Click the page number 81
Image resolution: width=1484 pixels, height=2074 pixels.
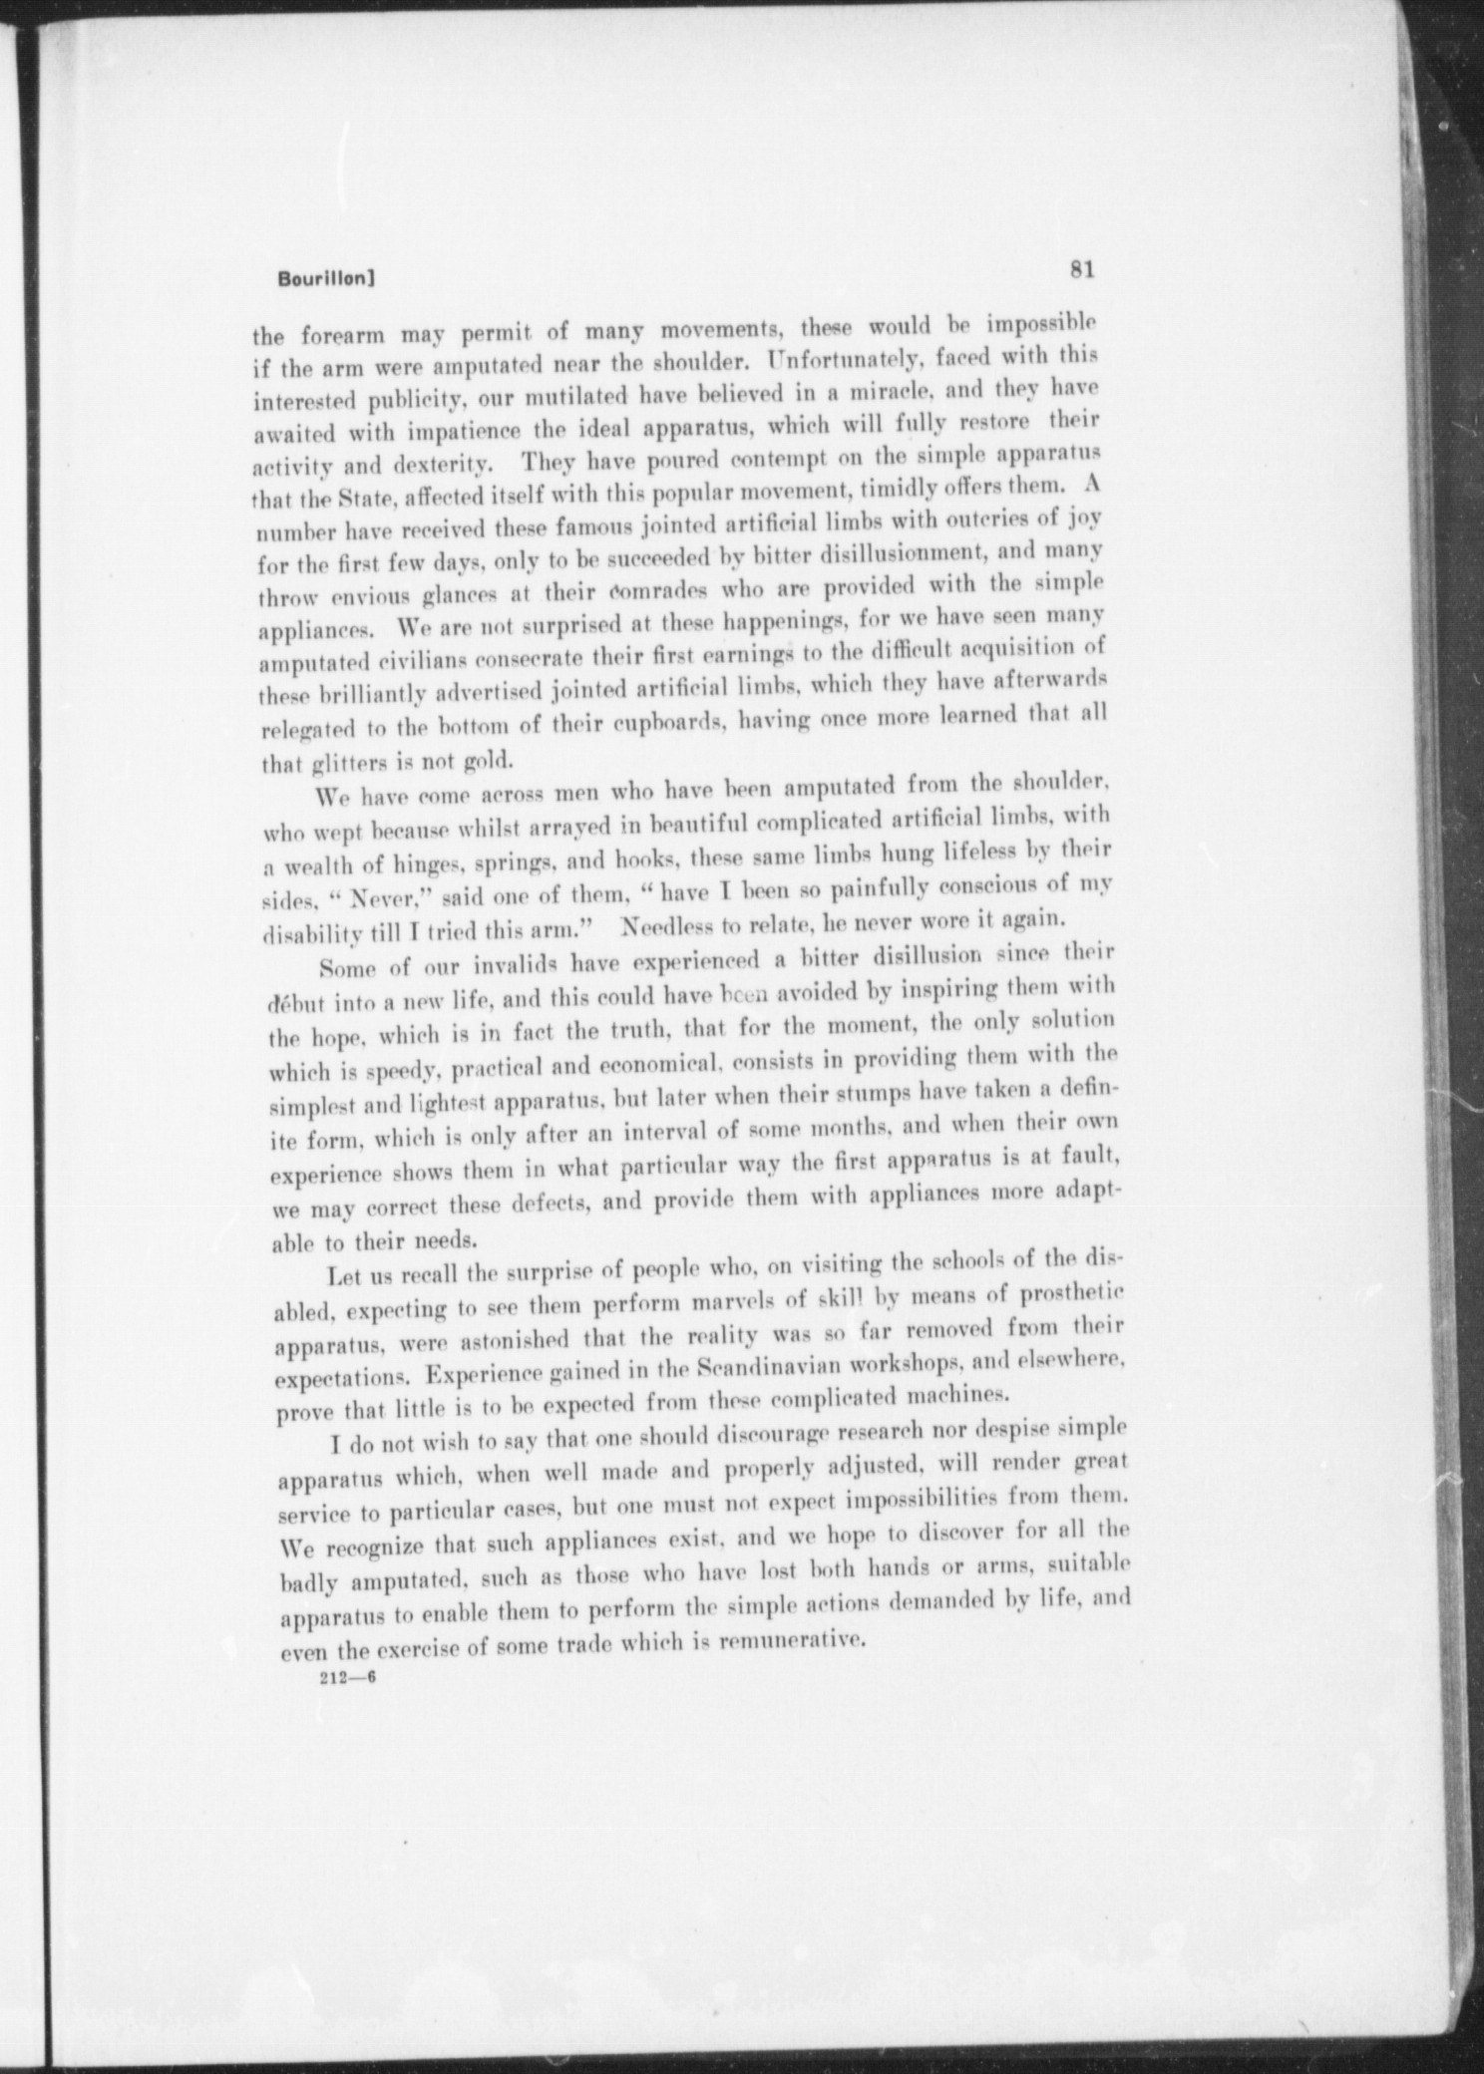tap(1082, 269)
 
